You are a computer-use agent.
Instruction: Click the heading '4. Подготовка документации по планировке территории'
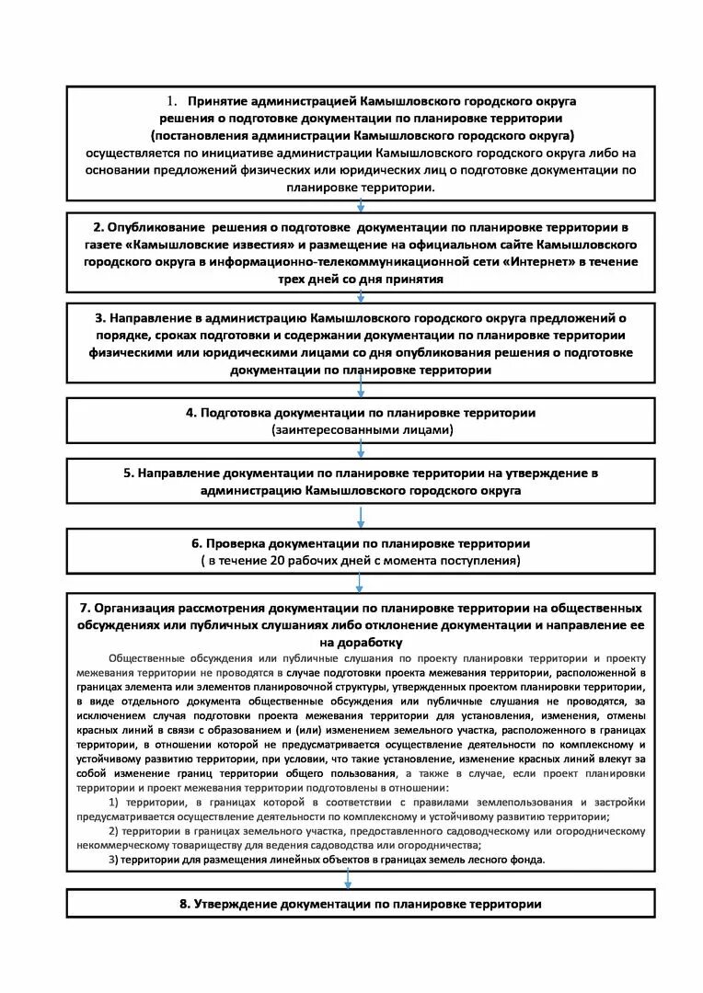point(360,413)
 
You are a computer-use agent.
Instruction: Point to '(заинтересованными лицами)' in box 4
point(360,429)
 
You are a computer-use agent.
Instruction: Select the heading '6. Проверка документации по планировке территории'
point(360,543)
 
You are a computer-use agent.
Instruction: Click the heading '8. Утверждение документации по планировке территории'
point(360,904)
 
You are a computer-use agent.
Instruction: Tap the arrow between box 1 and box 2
point(361,206)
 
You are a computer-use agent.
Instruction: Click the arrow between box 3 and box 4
point(361,390)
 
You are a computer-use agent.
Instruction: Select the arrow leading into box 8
point(348,880)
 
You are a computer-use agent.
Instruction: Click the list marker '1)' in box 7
point(115,803)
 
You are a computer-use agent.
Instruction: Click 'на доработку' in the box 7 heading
point(361,641)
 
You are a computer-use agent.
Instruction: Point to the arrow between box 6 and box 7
point(361,584)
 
